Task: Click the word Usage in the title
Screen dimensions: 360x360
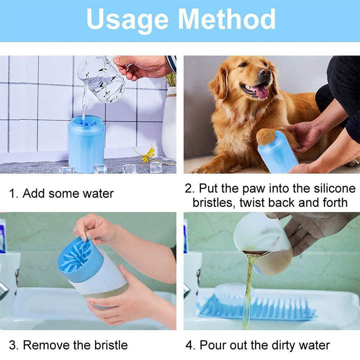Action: pyautogui.click(x=127, y=20)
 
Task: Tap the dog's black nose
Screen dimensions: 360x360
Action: pyautogui.click(x=265, y=72)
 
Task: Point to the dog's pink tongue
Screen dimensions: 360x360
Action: pyautogui.click(x=261, y=92)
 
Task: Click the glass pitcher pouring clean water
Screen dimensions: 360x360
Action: pyautogui.click(x=102, y=79)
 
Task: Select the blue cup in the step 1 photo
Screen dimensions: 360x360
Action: pyautogui.click(x=86, y=144)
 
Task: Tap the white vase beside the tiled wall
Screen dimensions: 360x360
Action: pyautogui.click(x=170, y=123)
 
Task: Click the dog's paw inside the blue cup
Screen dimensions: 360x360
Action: pyautogui.click(x=266, y=137)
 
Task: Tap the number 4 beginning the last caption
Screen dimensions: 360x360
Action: pyautogui.click(x=189, y=345)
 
